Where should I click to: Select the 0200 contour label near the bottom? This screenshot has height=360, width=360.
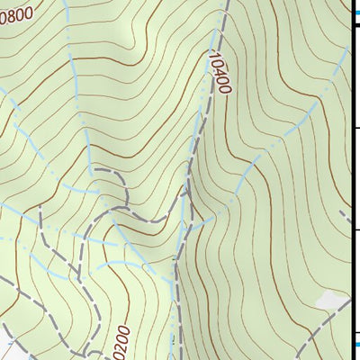point(123,341)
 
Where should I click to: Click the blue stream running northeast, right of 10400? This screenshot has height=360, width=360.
point(297,126)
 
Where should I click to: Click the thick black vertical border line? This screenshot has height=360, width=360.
point(350,180)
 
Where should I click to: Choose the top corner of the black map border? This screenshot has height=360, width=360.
point(350,25)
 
